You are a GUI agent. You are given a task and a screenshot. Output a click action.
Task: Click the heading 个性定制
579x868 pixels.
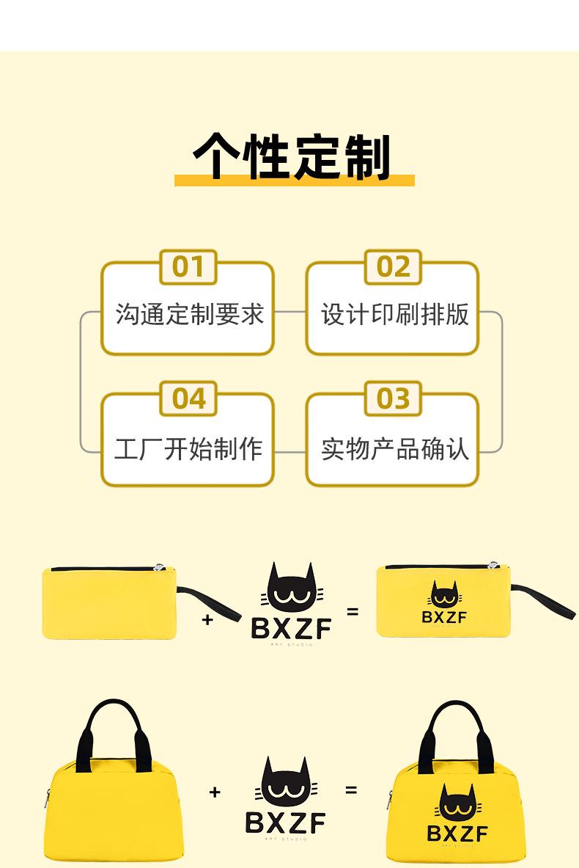tap(292, 156)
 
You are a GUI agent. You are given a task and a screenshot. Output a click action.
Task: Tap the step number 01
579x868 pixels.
tap(188, 267)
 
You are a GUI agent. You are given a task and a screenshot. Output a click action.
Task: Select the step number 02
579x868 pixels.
tap(393, 267)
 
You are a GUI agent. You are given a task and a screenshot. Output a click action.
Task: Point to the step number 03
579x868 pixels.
tap(393, 398)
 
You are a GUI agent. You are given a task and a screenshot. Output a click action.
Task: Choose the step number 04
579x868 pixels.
tap(188, 398)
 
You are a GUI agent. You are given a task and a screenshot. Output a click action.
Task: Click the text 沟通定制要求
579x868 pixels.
tap(189, 315)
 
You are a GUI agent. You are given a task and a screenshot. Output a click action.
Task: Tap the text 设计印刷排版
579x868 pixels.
tap(394, 315)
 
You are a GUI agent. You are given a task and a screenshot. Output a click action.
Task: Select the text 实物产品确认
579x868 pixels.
tap(394, 448)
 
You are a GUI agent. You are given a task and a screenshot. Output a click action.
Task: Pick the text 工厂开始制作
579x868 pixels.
tap(189, 448)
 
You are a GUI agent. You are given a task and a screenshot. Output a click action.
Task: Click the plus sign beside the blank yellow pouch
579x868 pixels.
tap(207, 620)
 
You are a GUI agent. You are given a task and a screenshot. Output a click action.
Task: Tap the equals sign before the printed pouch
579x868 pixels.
tap(353, 610)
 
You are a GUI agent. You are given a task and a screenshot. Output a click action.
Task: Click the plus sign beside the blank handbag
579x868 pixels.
tap(215, 792)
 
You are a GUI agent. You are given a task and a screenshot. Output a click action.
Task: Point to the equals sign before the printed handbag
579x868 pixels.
tap(352, 790)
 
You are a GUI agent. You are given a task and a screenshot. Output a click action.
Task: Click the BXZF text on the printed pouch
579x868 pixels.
tap(444, 617)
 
